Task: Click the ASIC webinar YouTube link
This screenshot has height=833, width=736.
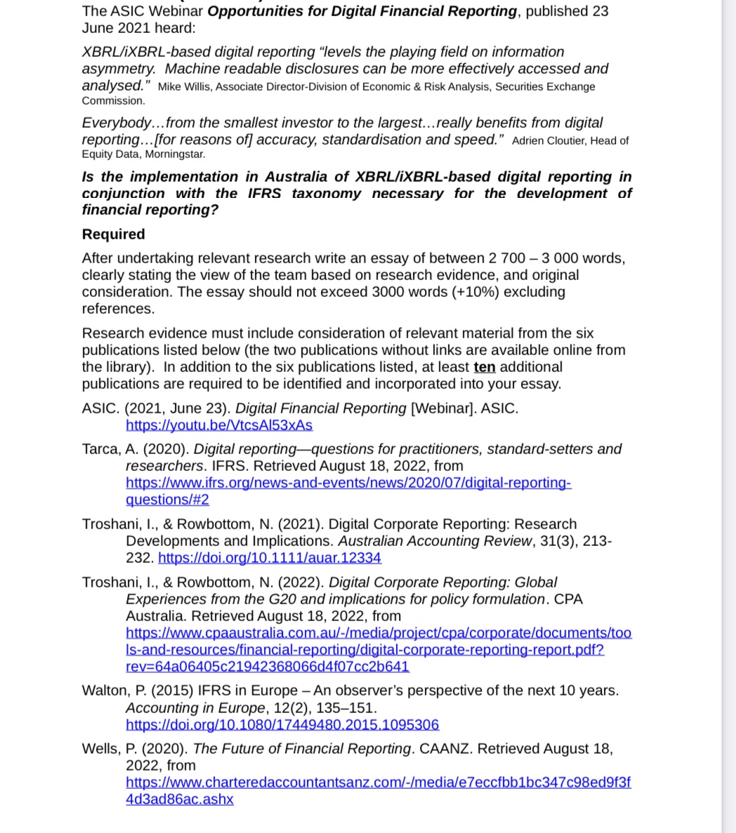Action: point(218,425)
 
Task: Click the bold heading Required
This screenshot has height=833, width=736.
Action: point(113,234)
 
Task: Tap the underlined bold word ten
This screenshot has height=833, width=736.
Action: point(484,367)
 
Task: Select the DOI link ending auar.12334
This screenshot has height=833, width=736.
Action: point(270,558)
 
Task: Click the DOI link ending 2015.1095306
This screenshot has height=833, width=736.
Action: point(282,724)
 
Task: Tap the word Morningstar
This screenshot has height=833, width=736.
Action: point(175,154)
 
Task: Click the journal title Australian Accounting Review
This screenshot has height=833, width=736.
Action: point(435,541)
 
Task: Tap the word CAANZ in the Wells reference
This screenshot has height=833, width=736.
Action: point(445,749)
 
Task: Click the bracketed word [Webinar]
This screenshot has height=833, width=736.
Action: point(441,408)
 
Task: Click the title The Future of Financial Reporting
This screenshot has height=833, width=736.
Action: point(302,749)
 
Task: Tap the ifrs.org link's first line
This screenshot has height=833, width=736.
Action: point(348,483)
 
